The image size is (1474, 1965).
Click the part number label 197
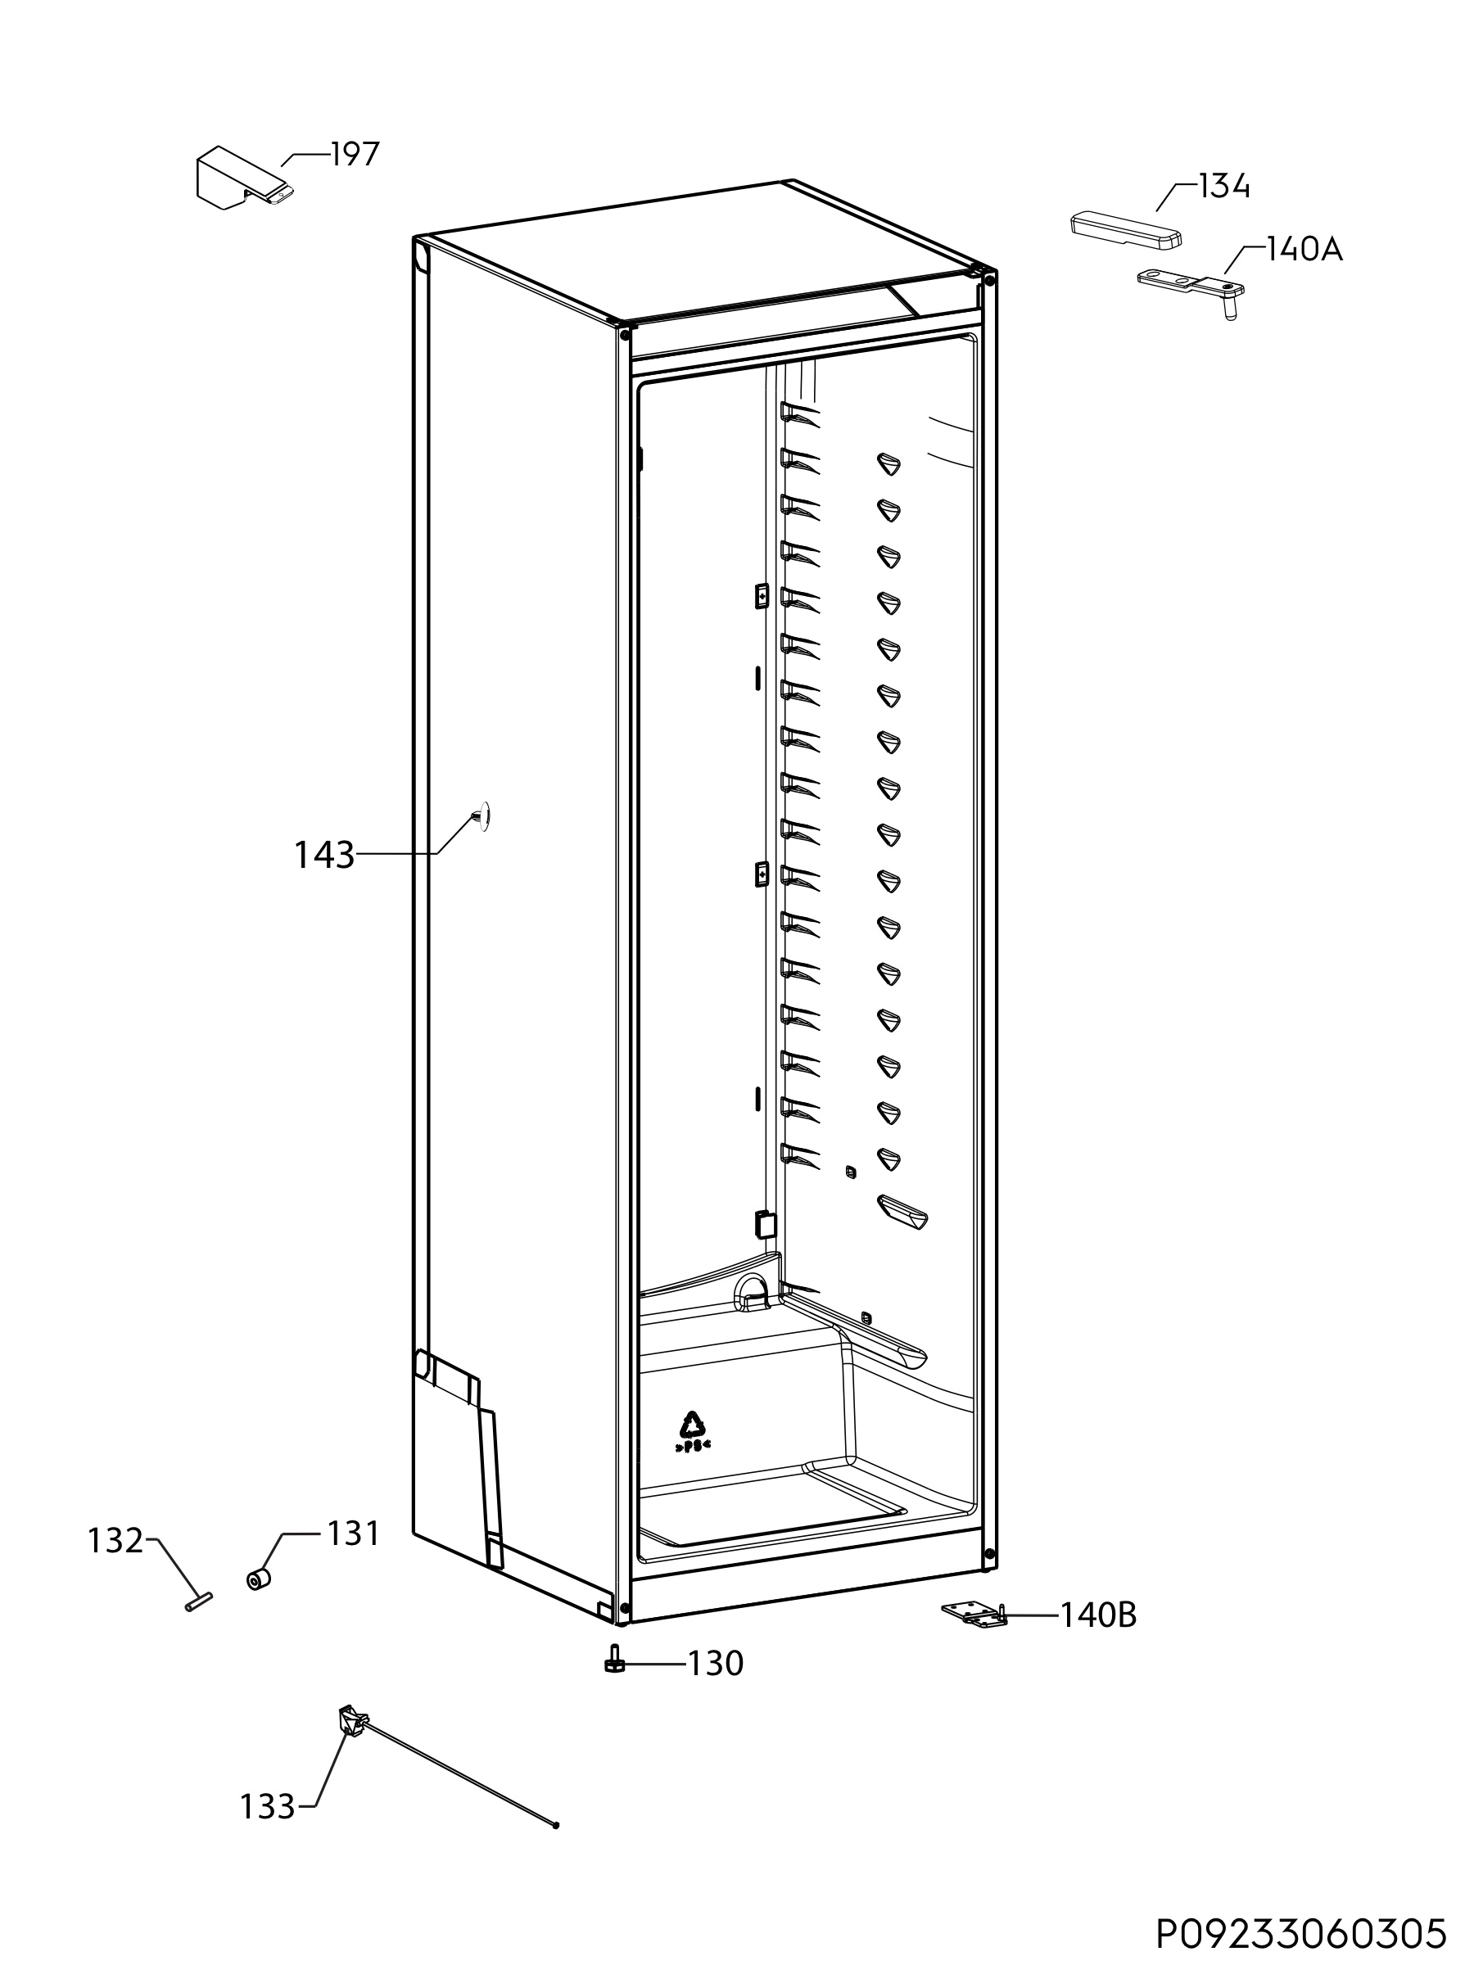click(x=355, y=155)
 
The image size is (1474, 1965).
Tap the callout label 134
click(x=1223, y=187)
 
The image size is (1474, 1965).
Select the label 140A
click(x=1304, y=250)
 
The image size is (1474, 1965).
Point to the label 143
click(x=324, y=856)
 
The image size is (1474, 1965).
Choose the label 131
click(x=353, y=1534)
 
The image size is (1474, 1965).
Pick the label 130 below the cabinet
click(x=717, y=1663)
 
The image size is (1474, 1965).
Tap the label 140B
click(x=1099, y=1615)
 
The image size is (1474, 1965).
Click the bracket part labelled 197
click(x=244, y=178)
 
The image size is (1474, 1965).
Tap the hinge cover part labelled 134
click(x=1126, y=228)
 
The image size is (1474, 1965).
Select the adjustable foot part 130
click(x=613, y=1659)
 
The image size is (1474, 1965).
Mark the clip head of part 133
click(x=353, y=1723)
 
